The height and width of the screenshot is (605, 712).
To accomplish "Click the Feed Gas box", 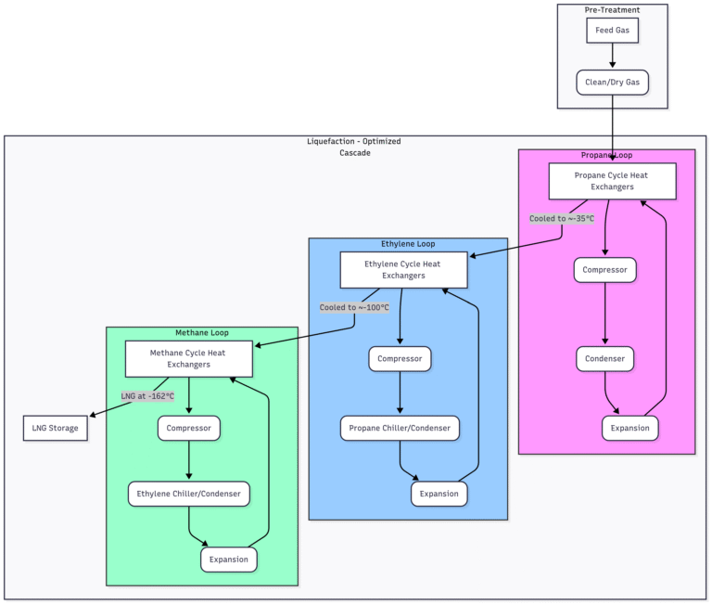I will [612, 31].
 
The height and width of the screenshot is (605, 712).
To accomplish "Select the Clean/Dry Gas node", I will [612, 83].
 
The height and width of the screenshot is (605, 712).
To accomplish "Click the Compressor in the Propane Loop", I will [604, 271].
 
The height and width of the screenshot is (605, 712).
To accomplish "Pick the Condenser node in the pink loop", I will [604, 358].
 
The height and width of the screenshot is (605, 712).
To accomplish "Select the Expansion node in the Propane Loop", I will [630, 428].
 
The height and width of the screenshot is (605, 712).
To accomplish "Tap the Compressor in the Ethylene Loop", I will [400, 358].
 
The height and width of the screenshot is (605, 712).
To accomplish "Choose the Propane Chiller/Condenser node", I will [400, 429].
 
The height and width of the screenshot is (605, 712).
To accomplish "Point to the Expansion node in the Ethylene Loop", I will [439, 494].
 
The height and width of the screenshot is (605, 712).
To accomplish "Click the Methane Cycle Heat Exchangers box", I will [189, 358].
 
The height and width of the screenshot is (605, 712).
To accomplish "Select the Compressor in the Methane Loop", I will [189, 429].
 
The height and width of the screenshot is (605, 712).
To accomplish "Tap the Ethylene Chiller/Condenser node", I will [189, 494].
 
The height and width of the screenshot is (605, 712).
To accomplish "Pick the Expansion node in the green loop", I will [228, 560].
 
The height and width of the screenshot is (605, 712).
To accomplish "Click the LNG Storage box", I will [56, 429].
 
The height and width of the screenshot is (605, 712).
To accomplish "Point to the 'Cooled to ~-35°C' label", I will [561, 219].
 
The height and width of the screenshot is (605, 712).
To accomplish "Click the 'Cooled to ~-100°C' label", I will [354, 307].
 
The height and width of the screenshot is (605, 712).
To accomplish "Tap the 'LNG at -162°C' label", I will [147, 396].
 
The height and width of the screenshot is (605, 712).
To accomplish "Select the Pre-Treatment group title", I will [612, 10].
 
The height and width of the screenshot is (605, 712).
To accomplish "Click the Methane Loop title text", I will [202, 332].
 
